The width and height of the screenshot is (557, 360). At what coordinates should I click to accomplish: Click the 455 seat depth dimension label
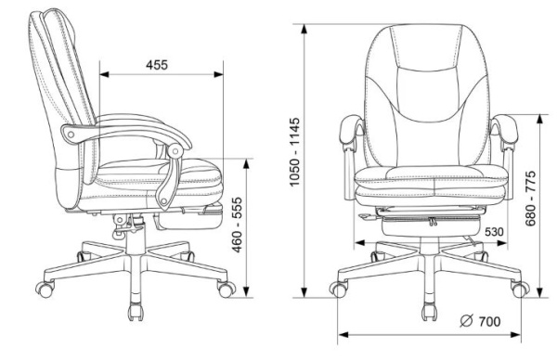[157, 65]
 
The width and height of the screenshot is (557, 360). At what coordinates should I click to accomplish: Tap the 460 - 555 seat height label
[237, 225]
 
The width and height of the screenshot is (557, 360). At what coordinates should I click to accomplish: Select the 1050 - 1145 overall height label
[294, 152]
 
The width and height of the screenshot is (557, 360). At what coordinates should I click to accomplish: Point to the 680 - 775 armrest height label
[530, 199]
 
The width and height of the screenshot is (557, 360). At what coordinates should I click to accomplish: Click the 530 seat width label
[494, 232]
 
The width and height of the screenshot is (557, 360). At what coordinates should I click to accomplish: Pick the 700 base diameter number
[489, 322]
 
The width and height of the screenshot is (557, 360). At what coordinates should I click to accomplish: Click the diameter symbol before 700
[466, 321]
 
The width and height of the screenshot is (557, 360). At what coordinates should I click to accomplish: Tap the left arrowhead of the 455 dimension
[104, 74]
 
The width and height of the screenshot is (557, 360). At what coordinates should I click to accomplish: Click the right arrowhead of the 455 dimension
[219, 74]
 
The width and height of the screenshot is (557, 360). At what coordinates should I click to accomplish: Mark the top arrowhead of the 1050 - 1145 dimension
[304, 29]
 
